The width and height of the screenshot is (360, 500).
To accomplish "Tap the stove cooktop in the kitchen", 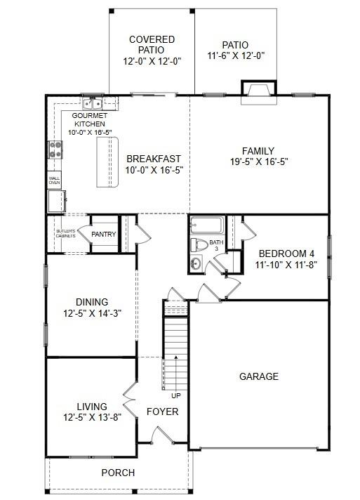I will coord(55,148).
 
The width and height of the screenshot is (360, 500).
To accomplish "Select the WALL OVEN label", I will coord(54,180).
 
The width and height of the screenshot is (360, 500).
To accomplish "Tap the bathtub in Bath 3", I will coord(206,227).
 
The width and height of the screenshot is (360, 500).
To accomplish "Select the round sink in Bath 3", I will coord(196,263).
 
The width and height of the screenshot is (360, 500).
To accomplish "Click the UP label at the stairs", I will coord(175,395).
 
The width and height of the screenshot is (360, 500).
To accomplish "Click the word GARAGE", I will coord(259,376).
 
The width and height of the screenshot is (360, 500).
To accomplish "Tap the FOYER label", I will coord(162,412).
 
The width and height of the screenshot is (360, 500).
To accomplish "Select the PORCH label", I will coord(118,473).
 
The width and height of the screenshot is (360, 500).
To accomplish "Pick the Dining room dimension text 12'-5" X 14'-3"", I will coord(92,313).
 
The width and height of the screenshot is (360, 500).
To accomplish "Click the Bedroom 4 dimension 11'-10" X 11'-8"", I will coord(286,265).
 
